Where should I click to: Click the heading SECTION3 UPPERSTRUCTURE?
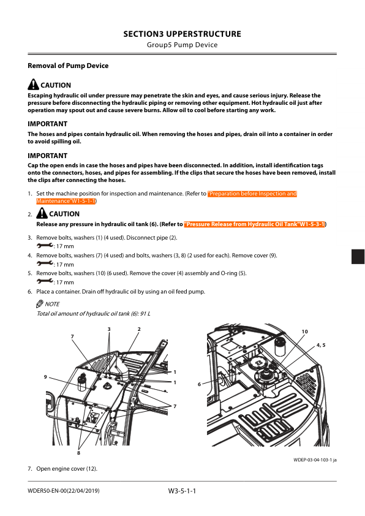182,34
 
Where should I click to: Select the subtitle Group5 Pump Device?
182,45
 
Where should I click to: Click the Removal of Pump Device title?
68,66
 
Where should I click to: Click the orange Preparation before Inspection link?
252,194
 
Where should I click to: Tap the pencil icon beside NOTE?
40,303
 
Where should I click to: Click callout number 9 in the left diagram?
45,377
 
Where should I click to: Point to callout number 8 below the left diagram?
78,453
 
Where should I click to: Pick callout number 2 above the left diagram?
139,330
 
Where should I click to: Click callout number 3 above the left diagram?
109,330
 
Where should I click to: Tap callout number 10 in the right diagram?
305,332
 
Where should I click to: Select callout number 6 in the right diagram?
200,384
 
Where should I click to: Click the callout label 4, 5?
320,346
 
